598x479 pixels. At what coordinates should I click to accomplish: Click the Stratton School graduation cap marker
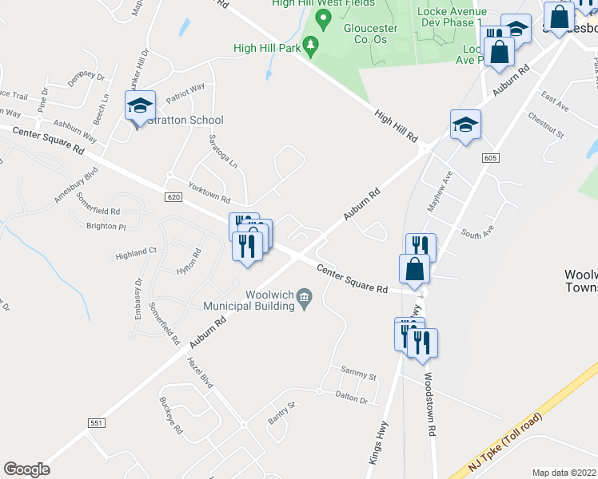pos(140,105)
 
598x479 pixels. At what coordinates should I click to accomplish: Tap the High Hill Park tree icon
pos(312,42)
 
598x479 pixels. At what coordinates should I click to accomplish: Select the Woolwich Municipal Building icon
pos(305,299)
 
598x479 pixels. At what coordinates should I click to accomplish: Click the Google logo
pos(27,469)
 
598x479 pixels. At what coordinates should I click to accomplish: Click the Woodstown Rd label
pos(431,404)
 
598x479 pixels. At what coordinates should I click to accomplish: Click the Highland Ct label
pos(136,253)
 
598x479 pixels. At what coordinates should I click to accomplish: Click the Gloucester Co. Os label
pos(371,34)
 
